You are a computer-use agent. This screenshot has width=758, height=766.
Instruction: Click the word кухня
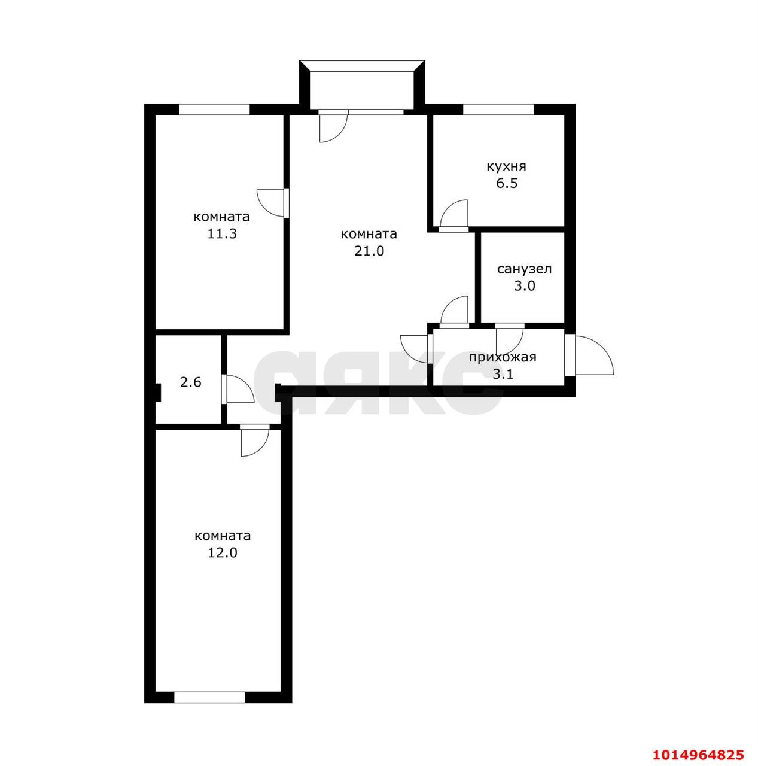[506, 166]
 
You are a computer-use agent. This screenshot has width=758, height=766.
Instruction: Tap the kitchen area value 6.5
[507, 183]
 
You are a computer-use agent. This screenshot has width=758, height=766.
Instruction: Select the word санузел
[524, 269]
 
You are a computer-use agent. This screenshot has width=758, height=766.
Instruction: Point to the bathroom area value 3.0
[524, 286]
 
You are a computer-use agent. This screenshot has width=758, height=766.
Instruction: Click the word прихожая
[503, 357]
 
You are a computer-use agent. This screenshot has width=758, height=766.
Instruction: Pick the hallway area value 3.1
[503, 374]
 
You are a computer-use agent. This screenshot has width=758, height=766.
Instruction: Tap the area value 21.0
[369, 251]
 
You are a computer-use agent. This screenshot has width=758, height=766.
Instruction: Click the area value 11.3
[221, 233]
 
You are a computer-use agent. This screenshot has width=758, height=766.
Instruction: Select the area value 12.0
[222, 552]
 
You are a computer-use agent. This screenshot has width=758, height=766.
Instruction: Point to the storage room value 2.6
[191, 382]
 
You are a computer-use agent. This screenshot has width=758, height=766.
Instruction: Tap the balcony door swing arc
[340, 135]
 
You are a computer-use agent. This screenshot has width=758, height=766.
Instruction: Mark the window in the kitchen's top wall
[498, 110]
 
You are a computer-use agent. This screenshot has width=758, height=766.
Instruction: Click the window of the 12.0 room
[209, 709]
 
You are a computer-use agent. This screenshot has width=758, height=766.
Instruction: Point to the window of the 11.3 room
[214, 110]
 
